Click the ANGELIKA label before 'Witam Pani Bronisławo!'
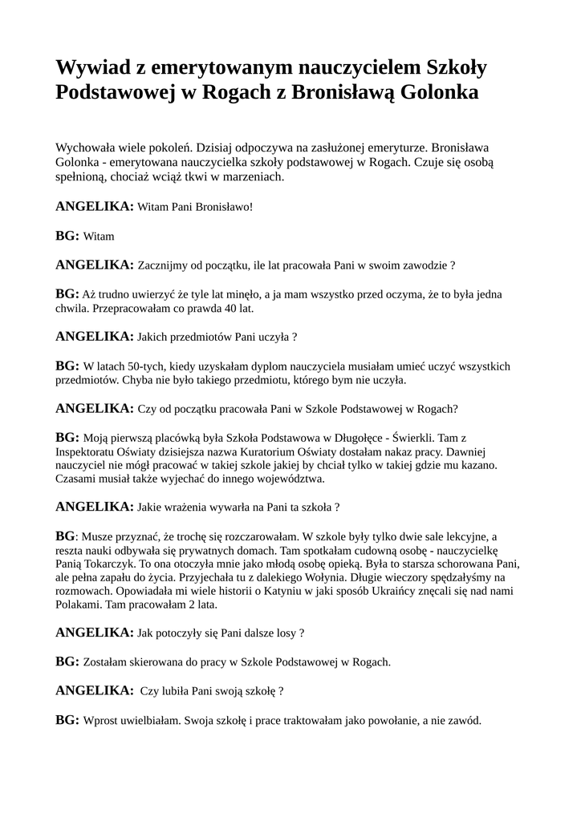coord(94,206)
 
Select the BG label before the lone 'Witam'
coord(67,236)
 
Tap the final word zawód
coord(465,720)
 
